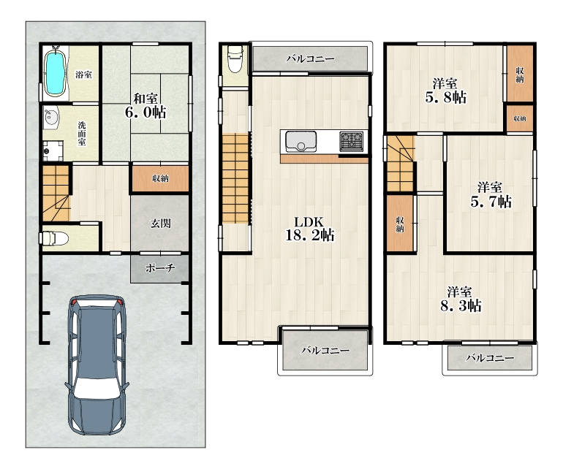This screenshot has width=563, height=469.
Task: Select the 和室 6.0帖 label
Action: point(146,106)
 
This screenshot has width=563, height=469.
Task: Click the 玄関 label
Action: point(160,224)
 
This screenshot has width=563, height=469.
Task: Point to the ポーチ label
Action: point(160,267)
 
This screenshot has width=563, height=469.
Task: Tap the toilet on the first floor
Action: point(54,238)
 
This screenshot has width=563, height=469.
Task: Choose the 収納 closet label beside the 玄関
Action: point(160,178)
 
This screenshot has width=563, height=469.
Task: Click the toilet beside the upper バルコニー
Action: point(235,59)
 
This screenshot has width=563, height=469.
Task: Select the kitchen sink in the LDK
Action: point(301,142)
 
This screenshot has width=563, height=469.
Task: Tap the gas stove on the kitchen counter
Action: point(351,142)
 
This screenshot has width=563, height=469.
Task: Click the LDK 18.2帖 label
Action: point(309,229)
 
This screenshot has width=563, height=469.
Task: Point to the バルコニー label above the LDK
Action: point(310,58)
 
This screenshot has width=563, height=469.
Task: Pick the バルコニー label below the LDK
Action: point(325,350)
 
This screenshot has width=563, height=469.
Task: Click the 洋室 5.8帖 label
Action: point(445,91)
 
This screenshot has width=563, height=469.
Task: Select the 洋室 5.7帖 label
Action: point(491,195)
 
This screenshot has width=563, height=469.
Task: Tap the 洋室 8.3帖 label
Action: point(461,300)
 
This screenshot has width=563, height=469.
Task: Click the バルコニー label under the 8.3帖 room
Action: point(490,357)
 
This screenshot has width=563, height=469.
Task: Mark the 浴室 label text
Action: point(83,75)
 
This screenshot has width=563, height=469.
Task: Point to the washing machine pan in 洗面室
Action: point(53,150)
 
